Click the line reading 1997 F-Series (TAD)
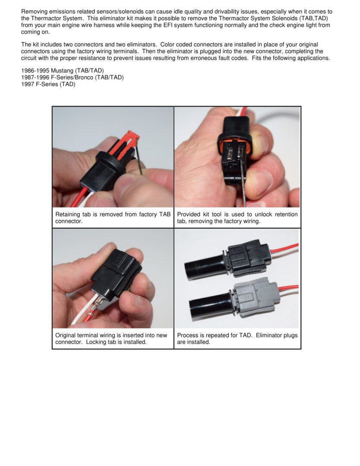tap(48, 84)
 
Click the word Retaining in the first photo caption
tap(68, 214)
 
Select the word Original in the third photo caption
tap(67, 335)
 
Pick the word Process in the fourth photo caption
tap(188, 335)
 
